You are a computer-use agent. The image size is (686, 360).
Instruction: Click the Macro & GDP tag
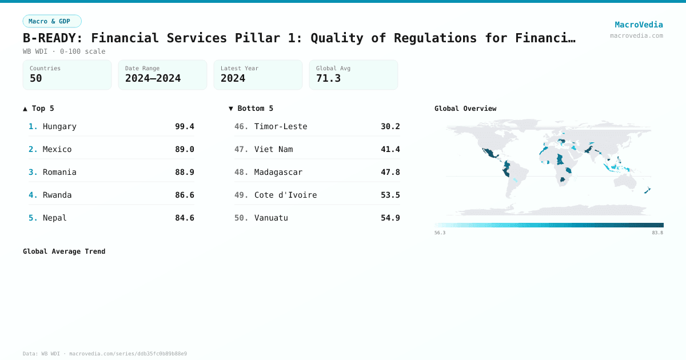pos(52,21)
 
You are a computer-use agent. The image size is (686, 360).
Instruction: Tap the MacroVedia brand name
pos(639,25)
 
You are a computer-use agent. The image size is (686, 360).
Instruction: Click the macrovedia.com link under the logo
pos(636,35)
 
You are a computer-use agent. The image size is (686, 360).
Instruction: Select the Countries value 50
pos(36,78)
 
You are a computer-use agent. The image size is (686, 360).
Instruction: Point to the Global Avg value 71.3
pos(328,78)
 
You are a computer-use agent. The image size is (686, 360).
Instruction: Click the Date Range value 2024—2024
pos(153,78)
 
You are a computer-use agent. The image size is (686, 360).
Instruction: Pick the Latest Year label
pos(239,68)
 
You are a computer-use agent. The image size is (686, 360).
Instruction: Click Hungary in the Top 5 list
pos(59,126)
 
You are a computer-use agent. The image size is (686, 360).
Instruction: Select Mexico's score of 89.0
pos(184,149)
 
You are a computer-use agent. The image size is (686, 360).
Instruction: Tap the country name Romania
pos(59,172)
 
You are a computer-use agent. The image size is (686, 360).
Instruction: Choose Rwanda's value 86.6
pos(184,195)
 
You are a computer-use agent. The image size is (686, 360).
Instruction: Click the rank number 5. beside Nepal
pos(33,218)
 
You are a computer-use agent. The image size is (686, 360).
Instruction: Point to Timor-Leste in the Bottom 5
pos(281,126)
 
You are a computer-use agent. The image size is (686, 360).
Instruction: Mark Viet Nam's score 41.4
pos(390,149)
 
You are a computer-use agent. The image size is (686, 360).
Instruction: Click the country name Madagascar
pos(278,172)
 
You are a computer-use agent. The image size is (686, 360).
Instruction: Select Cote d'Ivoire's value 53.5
pos(390,195)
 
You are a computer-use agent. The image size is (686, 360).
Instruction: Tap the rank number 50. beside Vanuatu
pos(241,218)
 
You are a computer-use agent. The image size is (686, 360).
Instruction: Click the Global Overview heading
pos(465,108)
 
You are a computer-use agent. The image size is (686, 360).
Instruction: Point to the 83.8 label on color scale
pos(657,233)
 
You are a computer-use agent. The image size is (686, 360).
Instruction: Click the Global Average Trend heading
pos(64,251)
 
